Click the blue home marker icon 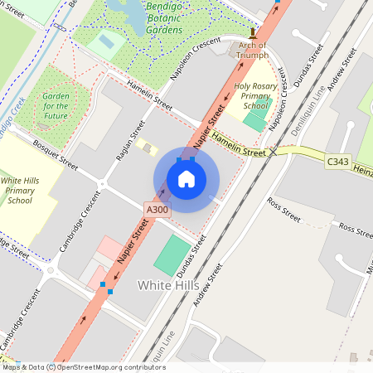[x=186, y=179]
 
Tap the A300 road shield [x=157, y=211]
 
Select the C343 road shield [x=337, y=161]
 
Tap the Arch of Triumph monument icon [x=253, y=36]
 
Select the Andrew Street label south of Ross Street [x=208, y=286]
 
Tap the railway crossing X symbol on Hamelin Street [x=273, y=152]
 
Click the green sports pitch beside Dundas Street [x=172, y=255]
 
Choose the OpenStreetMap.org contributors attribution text [x=113, y=366]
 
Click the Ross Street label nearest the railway [x=283, y=210]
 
